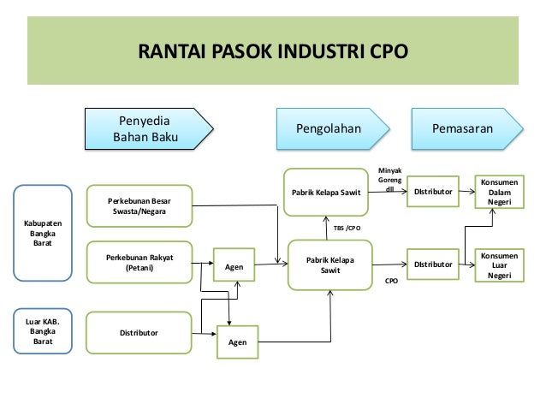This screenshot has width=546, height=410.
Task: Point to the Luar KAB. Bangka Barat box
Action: [x=42, y=330]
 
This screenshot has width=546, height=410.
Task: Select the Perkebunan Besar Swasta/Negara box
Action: [x=137, y=206]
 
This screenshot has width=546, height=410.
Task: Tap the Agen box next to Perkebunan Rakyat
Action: [x=233, y=266]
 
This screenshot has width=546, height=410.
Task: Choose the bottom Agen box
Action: [x=237, y=342]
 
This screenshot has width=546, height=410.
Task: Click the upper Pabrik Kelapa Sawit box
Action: [x=325, y=192]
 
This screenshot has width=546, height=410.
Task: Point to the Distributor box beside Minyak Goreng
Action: [x=433, y=192]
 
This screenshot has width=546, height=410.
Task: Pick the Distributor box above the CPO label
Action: [x=433, y=264]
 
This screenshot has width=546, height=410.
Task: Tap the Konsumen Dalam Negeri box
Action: [x=498, y=192]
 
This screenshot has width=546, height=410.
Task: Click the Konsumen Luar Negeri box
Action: [x=498, y=264]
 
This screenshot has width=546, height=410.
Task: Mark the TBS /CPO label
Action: [x=347, y=229]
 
